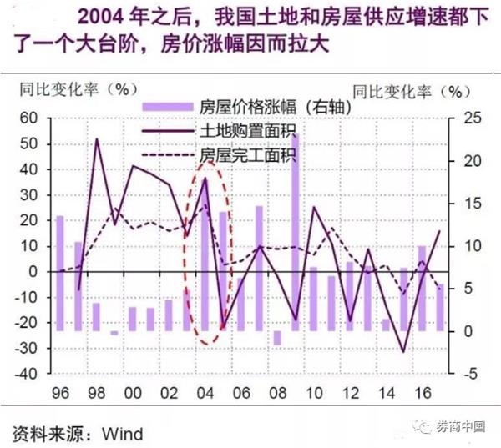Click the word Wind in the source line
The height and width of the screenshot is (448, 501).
(x=122, y=434)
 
